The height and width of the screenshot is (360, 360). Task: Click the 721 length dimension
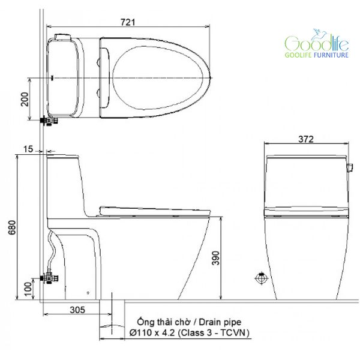click(128, 22)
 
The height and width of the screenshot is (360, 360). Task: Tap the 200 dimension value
click(25, 99)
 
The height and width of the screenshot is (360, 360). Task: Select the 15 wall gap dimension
click(28, 149)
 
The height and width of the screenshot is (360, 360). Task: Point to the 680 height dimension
click(12, 227)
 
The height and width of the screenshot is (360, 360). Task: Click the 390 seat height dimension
click(215, 258)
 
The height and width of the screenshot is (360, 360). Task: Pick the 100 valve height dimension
click(28, 289)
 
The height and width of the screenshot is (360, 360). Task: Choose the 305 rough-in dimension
click(77, 310)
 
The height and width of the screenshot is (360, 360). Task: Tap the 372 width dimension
click(306, 139)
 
